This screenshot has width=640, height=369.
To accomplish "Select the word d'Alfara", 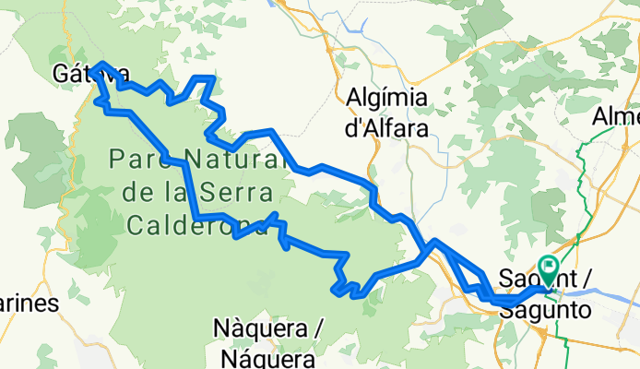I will pos(386,128).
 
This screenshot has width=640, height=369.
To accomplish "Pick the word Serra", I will pos(241,193).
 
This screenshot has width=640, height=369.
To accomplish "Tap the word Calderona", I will pos(196,225).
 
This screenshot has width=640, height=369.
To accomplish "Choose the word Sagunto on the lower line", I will pos(544,310).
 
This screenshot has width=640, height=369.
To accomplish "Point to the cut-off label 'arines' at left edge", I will pos(28,304).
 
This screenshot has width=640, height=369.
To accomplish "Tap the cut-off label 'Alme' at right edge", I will pos(617,116).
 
